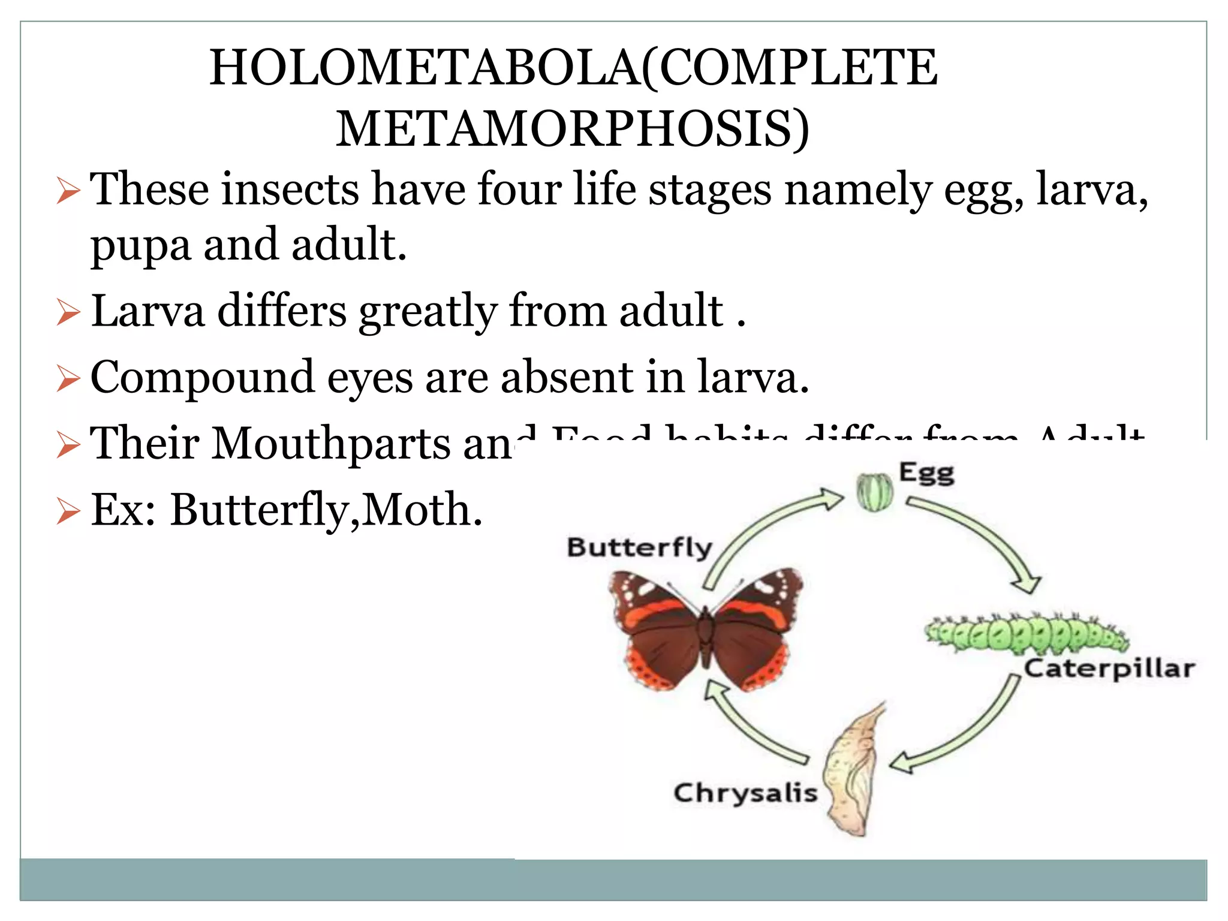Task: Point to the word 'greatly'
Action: click(428, 312)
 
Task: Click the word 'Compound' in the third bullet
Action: click(202, 377)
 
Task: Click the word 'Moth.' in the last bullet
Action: click(422, 510)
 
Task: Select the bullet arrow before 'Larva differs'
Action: click(68, 313)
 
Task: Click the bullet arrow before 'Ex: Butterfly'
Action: click(68, 511)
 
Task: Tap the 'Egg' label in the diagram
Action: click(926, 474)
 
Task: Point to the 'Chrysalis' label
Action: click(745, 793)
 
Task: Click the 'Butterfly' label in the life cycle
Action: click(639, 547)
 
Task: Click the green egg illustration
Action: click(874, 492)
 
